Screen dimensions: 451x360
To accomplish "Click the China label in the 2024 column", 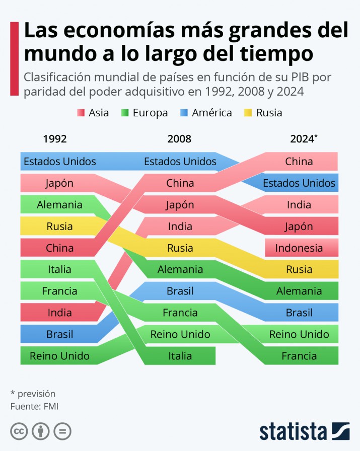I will [x=299, y=162].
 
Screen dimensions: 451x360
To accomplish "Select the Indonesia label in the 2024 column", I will [x=299, y=248].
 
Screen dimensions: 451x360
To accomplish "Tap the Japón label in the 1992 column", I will [x=59, y=183].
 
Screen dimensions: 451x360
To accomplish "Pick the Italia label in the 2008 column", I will [x=180, y=356].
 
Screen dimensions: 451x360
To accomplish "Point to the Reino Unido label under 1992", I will [x=59, y=356].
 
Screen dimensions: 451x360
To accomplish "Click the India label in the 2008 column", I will [x=180, y=227].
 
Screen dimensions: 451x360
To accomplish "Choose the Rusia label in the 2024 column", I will [x=299, y=269].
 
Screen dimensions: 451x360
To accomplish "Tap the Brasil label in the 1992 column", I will [x=59, y=334].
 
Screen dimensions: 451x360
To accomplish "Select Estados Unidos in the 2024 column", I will [x=299, y=183].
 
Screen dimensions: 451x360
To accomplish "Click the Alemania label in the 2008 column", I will [x=180, y=269].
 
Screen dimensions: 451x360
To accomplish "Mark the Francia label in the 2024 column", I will [x=299, y=356].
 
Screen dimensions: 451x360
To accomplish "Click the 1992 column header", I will [x=55, y=139].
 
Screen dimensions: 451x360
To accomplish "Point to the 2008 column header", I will [x=179, y=139].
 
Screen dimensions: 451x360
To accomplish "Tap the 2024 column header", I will [x=302, y=139].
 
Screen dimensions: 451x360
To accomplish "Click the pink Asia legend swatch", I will [x=81, y=113].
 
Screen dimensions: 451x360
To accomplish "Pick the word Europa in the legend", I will [x=150, y=113].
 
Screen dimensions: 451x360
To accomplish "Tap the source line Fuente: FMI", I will [x=35, y=406].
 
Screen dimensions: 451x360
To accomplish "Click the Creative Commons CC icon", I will [x=19, y=431].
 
